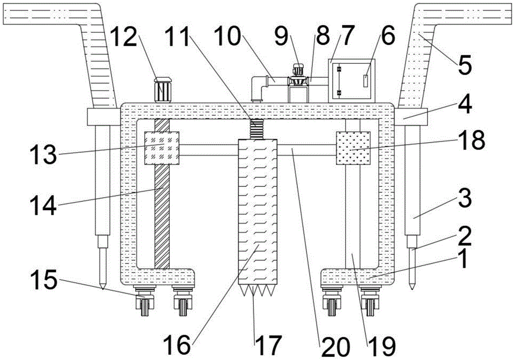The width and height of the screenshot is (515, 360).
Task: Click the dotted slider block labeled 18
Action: coord(353,148)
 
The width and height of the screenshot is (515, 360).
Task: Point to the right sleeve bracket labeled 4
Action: coord(411,117)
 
